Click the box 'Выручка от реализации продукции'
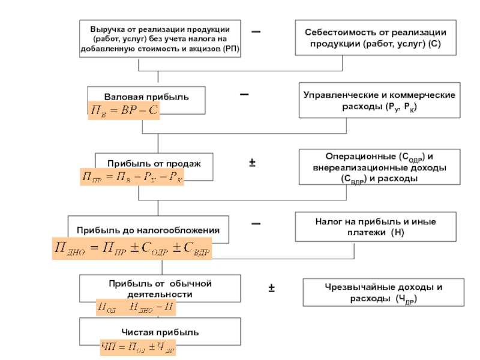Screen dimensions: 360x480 click(x=160, y=39)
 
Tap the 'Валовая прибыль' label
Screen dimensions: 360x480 click(x=146, y=96)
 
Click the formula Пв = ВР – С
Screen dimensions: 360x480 click(x=124, y=111)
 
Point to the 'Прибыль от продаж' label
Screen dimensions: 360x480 click(x=154, y=163)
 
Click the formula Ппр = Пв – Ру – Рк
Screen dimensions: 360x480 click(x=132, y=177)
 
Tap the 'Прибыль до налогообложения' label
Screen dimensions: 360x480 click(x=148, y=230)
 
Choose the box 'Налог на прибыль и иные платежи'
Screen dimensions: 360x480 click(x=376, y=227)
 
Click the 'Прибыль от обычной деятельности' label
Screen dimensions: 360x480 click(x=160, y=288)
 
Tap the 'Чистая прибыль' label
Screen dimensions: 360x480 click(x=160, y=332)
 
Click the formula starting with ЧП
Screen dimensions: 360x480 click(x=139, y=346)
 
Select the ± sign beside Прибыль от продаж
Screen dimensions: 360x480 click(x=253, y=163)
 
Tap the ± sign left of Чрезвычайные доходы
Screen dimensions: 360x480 click(x=272, y=289)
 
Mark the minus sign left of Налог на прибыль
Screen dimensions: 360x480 click(x=256, y=223)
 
